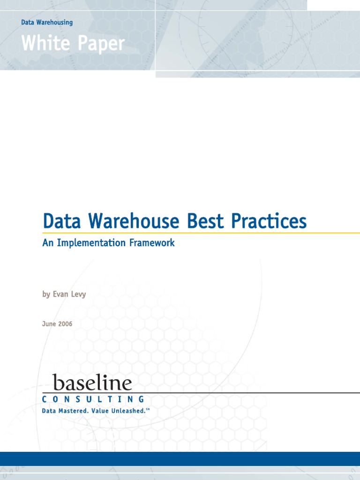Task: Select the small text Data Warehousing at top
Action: coord(47,22)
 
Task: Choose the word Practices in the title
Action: coord(269,221)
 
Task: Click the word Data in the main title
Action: coord(61,221)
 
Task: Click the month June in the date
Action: coord(49,324)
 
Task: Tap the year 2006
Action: coord(65,324)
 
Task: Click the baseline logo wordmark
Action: coord(92,382)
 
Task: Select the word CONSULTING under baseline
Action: coord(93,399)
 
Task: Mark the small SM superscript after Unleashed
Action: coord(148,409)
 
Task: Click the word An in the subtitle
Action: coord(47,243)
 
